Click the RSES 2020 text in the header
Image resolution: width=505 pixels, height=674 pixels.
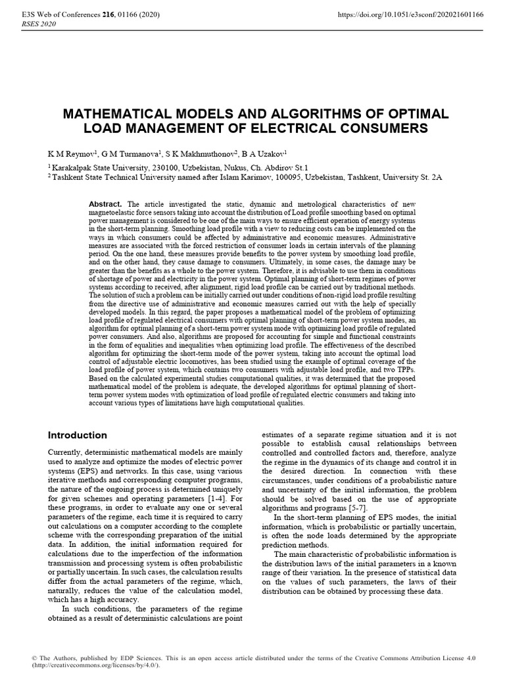[39, 24]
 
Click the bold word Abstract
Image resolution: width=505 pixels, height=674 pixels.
[106, 205]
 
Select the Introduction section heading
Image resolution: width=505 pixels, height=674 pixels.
[78, 435]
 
